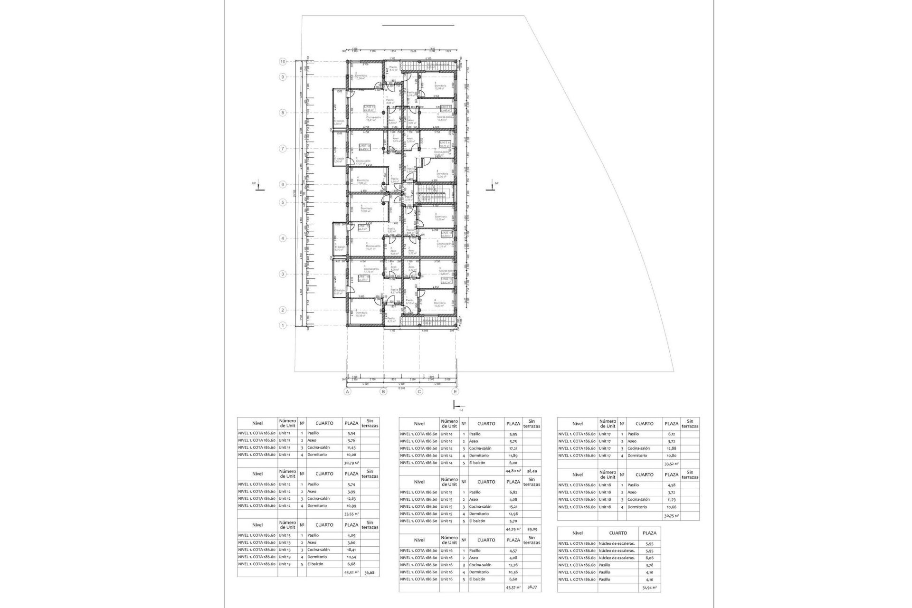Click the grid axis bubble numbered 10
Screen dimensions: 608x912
pos(283,62)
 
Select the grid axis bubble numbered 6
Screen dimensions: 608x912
pos(283,184)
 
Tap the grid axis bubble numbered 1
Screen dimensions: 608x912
pos(283,325)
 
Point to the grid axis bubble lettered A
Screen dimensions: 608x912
pos(348,391)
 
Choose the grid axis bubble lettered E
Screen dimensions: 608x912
pos(456,391)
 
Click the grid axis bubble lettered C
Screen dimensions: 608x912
pos(419,391)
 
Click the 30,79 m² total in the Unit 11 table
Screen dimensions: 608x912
pos(351,462)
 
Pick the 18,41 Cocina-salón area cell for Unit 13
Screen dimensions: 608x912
pos(351,550)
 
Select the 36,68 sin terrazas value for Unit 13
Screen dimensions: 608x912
pos(370,573)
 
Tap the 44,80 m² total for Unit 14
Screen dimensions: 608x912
pos(513,471)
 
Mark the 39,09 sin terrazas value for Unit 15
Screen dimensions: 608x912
pos(532,529)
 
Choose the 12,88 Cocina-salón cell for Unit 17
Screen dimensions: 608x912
pos(671,448)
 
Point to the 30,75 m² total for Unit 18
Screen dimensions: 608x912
pos(671,515)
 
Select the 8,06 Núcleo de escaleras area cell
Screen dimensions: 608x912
pos(649,558)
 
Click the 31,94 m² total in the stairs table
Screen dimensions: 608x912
pos(649,588)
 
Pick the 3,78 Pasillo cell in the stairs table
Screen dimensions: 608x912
pos(649,565)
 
